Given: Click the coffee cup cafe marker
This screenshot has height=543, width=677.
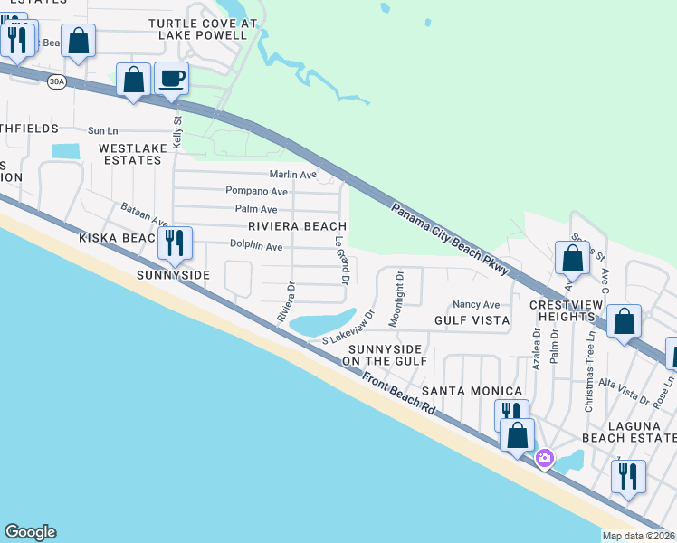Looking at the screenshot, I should click(171, 78).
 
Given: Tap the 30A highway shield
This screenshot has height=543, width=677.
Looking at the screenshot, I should click(55, 81).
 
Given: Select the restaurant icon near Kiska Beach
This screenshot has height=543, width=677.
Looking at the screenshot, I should click(171, 242).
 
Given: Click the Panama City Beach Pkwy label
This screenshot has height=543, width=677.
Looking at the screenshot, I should click(451, 239).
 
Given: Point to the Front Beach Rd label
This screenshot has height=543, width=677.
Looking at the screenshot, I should click(398, 396).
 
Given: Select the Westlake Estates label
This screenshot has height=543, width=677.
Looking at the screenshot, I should click(130, 153).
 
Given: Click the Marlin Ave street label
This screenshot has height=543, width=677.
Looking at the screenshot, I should click(293, 175).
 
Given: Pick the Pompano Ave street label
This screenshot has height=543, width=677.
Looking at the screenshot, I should click(256, 192).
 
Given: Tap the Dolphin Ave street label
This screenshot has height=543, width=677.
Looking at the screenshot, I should click(256, 246).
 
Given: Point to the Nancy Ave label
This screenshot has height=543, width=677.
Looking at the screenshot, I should click(476, 305).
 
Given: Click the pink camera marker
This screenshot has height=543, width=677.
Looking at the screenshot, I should click(543, 458).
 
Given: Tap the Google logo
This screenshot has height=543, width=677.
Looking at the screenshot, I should click(30, 532).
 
